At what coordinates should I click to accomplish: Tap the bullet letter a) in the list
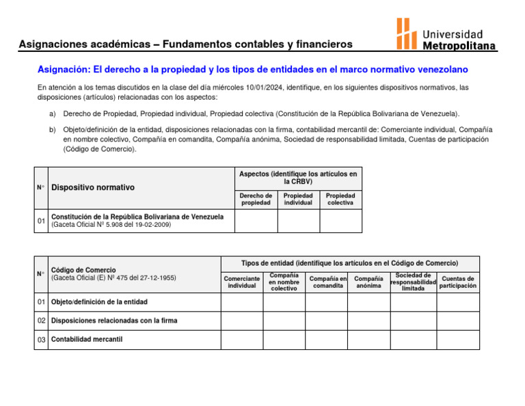[x=53, y=113]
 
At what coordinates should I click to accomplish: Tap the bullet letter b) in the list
[x=53, y=129]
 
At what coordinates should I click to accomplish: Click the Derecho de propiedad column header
[x=256, y=199]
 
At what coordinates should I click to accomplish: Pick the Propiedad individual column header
[x=298, y=199]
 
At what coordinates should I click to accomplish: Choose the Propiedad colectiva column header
[x=340, y=199]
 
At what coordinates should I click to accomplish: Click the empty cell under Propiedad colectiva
[x=340, y=221]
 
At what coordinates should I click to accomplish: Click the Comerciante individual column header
[x=241, y=282]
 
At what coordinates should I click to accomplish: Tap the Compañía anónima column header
[x=369, y=282]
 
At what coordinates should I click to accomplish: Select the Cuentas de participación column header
[x=458, y=282]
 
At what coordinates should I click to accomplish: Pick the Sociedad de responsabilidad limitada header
[x=412, y=282]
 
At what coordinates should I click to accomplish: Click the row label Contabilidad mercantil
[x=87, y=339]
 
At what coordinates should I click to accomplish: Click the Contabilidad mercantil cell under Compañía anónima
[x=369, y=339]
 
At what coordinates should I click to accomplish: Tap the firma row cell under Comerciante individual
[x=241, y=321]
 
